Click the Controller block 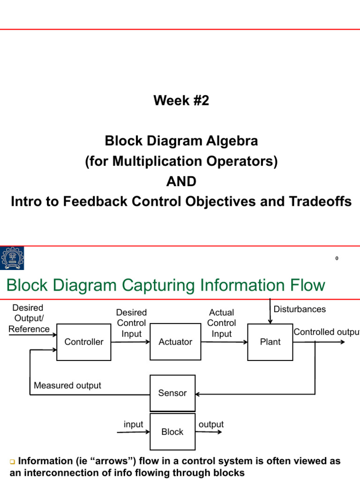83,342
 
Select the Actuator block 175,342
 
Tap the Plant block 270,342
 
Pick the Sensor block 172,393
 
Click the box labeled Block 172,432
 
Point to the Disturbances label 300,309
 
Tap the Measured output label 67,386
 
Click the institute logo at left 12,259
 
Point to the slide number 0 337,259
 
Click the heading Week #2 181,100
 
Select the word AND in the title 181,181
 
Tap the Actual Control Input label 222,323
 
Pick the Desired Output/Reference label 29,318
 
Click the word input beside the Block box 133,424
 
